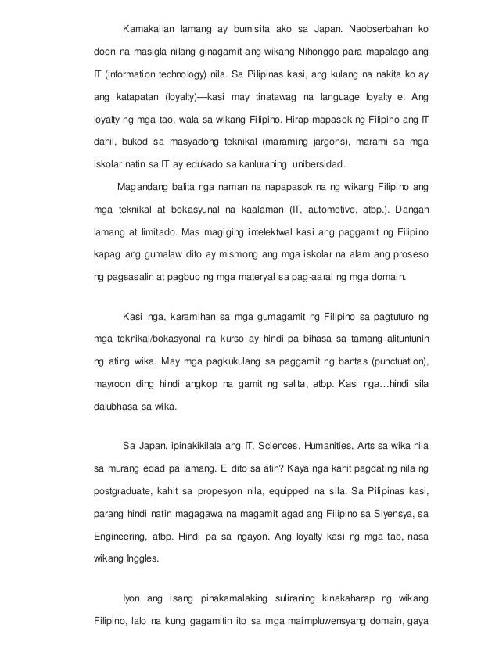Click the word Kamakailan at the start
(x=149, y=29)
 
